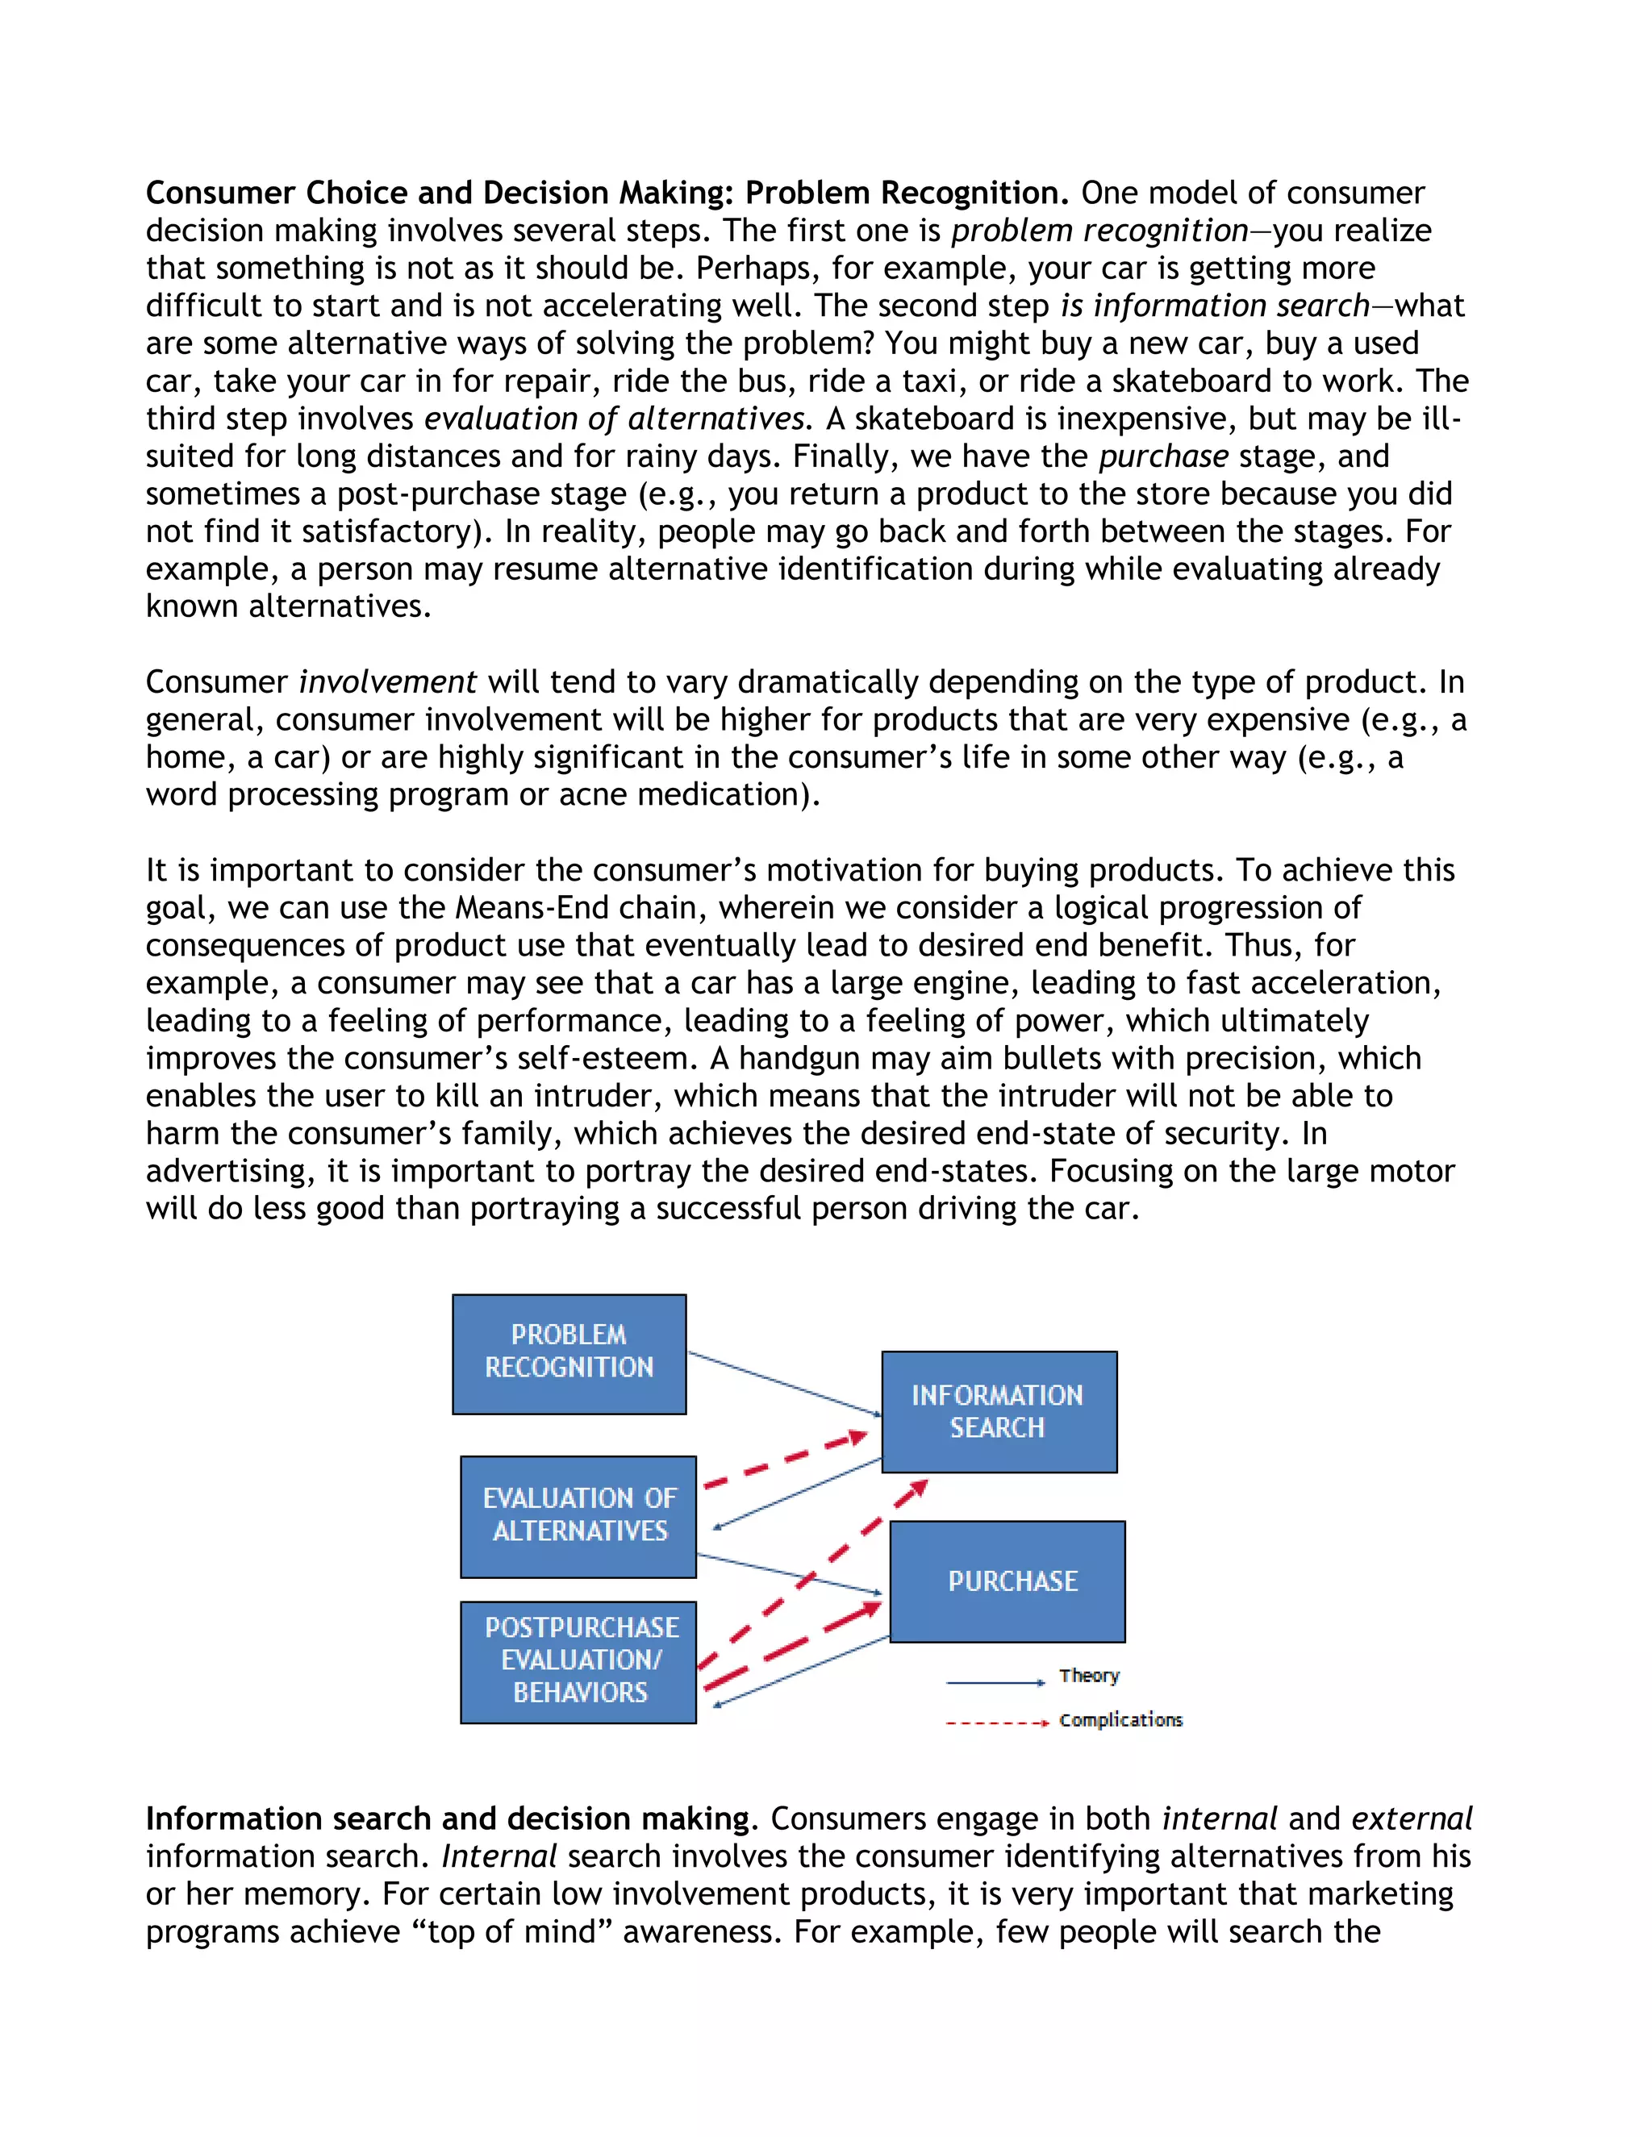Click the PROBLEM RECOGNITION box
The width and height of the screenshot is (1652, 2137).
pyautogui.click(x=569, y=1353)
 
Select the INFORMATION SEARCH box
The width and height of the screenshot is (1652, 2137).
pyautogui.click(x=999, y=1411)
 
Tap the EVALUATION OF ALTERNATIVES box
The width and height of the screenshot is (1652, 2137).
pyautogui.click(x=578, y=1516)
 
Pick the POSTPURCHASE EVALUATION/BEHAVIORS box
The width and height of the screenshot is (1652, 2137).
pyautogui.click(x=578, y=1660)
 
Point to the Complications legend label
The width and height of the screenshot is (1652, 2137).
pyautogui.click(x=1120, y=1720)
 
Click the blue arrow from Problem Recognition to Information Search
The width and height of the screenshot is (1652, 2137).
pyautogui.click(x=783, y=1382)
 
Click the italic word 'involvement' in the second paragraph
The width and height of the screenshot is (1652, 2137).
pyautogui.click(x=387, y=682)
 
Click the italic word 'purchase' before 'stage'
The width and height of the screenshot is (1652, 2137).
pyautogui.click(x=1162, y=456)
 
